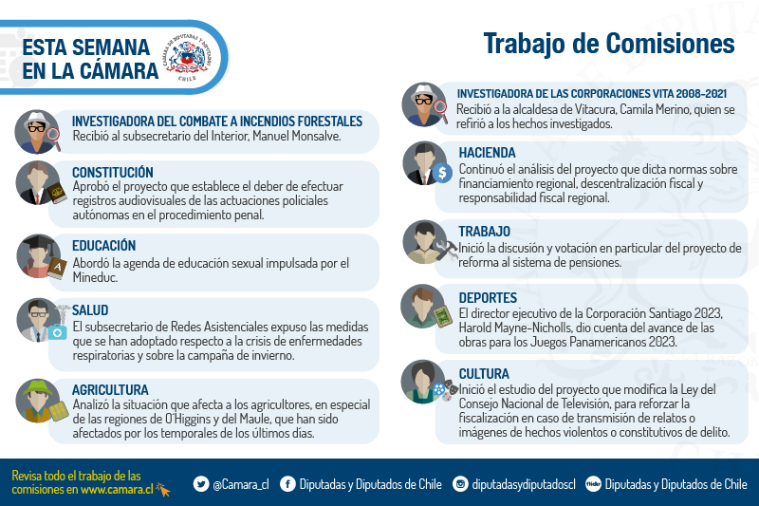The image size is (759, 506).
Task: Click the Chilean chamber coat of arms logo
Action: click(187, 58)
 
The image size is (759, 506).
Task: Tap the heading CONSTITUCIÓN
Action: click(112, 173)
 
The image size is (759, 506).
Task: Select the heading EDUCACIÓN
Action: click(103, 246)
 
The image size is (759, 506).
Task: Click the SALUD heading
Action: click(90, 310)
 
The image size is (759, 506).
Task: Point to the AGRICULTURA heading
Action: click(110, 390)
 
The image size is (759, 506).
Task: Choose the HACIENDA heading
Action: click(487, 153)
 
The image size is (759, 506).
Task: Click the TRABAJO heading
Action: click(484, 232)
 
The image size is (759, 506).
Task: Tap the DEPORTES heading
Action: click(488, 298)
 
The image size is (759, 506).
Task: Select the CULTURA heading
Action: click(484, 374)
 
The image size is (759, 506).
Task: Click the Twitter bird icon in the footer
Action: click(201, 484)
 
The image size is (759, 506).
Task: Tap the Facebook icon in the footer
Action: click(287, 484)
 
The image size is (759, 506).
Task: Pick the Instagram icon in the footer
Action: click(460, 484)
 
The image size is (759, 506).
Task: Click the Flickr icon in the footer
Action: click(593, 484)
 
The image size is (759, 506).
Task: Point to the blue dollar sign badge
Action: click(442, 173)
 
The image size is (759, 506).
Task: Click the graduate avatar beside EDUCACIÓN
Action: click(39, 256)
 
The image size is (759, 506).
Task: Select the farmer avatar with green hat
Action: click(38, 401)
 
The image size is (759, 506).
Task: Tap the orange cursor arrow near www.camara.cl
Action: click(163, 490)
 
